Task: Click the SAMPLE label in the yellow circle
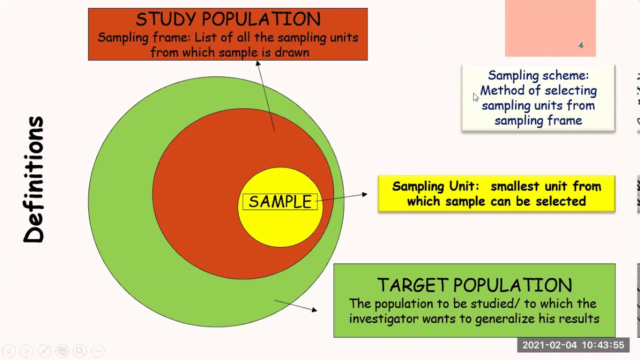(x=280, y=201)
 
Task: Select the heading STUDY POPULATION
(x=228, y=19)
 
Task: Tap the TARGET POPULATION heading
(x=474, y=285)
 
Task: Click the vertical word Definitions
(x=34, y=180)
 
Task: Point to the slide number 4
(x=580, y=45)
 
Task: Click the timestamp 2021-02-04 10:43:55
(x=573, y=345)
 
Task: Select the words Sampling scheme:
(x=538, y=75)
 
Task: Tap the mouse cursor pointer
(x=475, y=97)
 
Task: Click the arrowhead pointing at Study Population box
(x=258, y=63)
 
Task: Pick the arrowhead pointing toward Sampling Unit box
(x=364, y=194)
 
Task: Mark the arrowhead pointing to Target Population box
(x=314, y=310)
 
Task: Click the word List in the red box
(x=204, y=37)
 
